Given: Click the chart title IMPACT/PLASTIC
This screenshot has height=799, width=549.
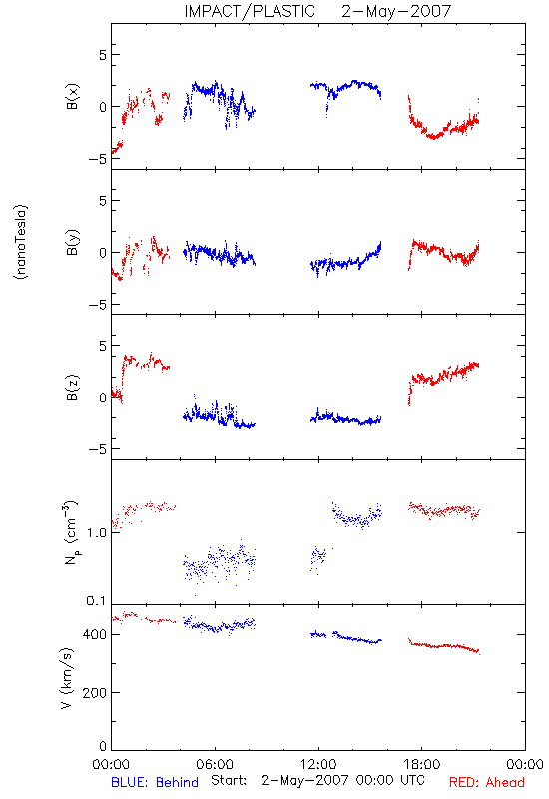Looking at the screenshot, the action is coord(250,11).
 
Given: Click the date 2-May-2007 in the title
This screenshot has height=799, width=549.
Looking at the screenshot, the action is coord(396,11).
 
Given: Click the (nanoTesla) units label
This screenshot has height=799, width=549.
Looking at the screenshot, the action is coord(21,242).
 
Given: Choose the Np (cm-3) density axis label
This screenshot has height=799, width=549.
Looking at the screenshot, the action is coord(71,532).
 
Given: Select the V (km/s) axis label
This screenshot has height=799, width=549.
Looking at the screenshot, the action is coord(67,678).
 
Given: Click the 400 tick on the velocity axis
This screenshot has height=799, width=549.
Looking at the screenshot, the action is coord(95,634).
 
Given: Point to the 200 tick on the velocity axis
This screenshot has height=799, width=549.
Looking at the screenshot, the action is coord(95,692).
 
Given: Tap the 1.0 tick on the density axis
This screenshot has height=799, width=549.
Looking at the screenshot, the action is coord(97,533).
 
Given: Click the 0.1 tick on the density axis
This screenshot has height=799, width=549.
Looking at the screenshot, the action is coord(97,601).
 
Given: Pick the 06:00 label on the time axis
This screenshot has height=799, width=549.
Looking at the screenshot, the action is coord(215,764).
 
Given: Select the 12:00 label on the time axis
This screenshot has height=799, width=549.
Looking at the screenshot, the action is coord(318,764).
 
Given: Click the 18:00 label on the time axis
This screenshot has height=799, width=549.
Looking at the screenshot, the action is coord(422,764).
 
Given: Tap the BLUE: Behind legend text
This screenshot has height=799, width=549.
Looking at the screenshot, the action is coord(155,782).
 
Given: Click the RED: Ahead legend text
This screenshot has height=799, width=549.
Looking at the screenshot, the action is coord(487,782).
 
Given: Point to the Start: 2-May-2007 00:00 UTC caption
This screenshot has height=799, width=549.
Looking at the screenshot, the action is coord(317,780).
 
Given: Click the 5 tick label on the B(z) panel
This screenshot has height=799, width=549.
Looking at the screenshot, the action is coord(103,346).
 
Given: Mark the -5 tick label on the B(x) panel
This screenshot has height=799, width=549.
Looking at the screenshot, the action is coord(98,159).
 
